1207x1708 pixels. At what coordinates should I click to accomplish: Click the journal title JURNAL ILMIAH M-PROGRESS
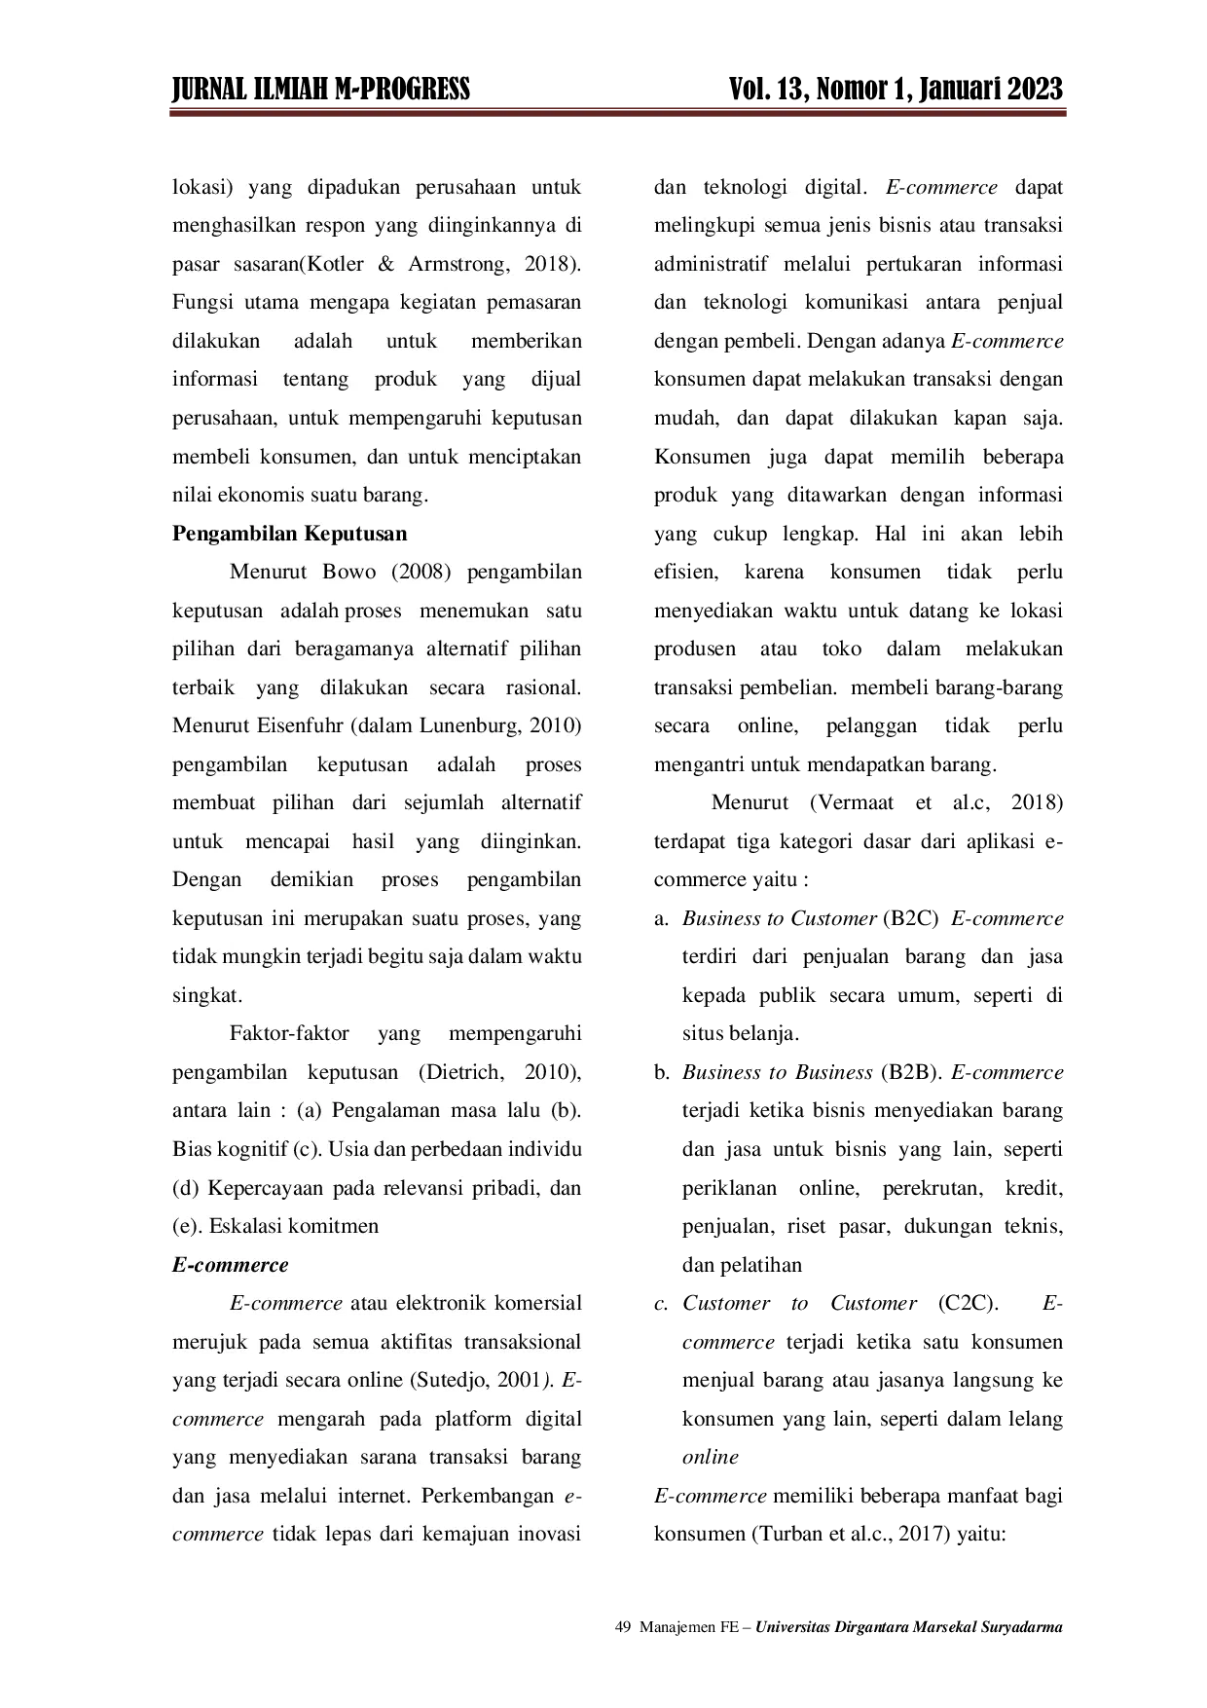pyautogui.click(x=321, y=90)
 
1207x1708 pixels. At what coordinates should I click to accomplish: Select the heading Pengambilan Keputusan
pyautogui.click(x=290, y=534)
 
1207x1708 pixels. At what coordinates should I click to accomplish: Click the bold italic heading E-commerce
pyautogui.click(x=231, y=1265)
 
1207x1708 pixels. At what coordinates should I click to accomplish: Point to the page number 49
pyautogui.click(x=624, y=1627)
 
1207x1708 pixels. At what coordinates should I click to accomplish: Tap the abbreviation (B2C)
pyautogui.click(x=910, y=918)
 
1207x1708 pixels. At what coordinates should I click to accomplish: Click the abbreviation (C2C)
pyautogui.click(x=969, y=1303)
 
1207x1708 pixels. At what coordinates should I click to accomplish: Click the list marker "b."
pyautogui.click(x=662, y=1072)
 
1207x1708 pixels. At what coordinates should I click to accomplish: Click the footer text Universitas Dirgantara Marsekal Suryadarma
pyautogui.click(x=909, y=1627)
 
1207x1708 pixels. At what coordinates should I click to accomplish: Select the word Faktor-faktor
pyautogui.click(x=289, y=1033)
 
